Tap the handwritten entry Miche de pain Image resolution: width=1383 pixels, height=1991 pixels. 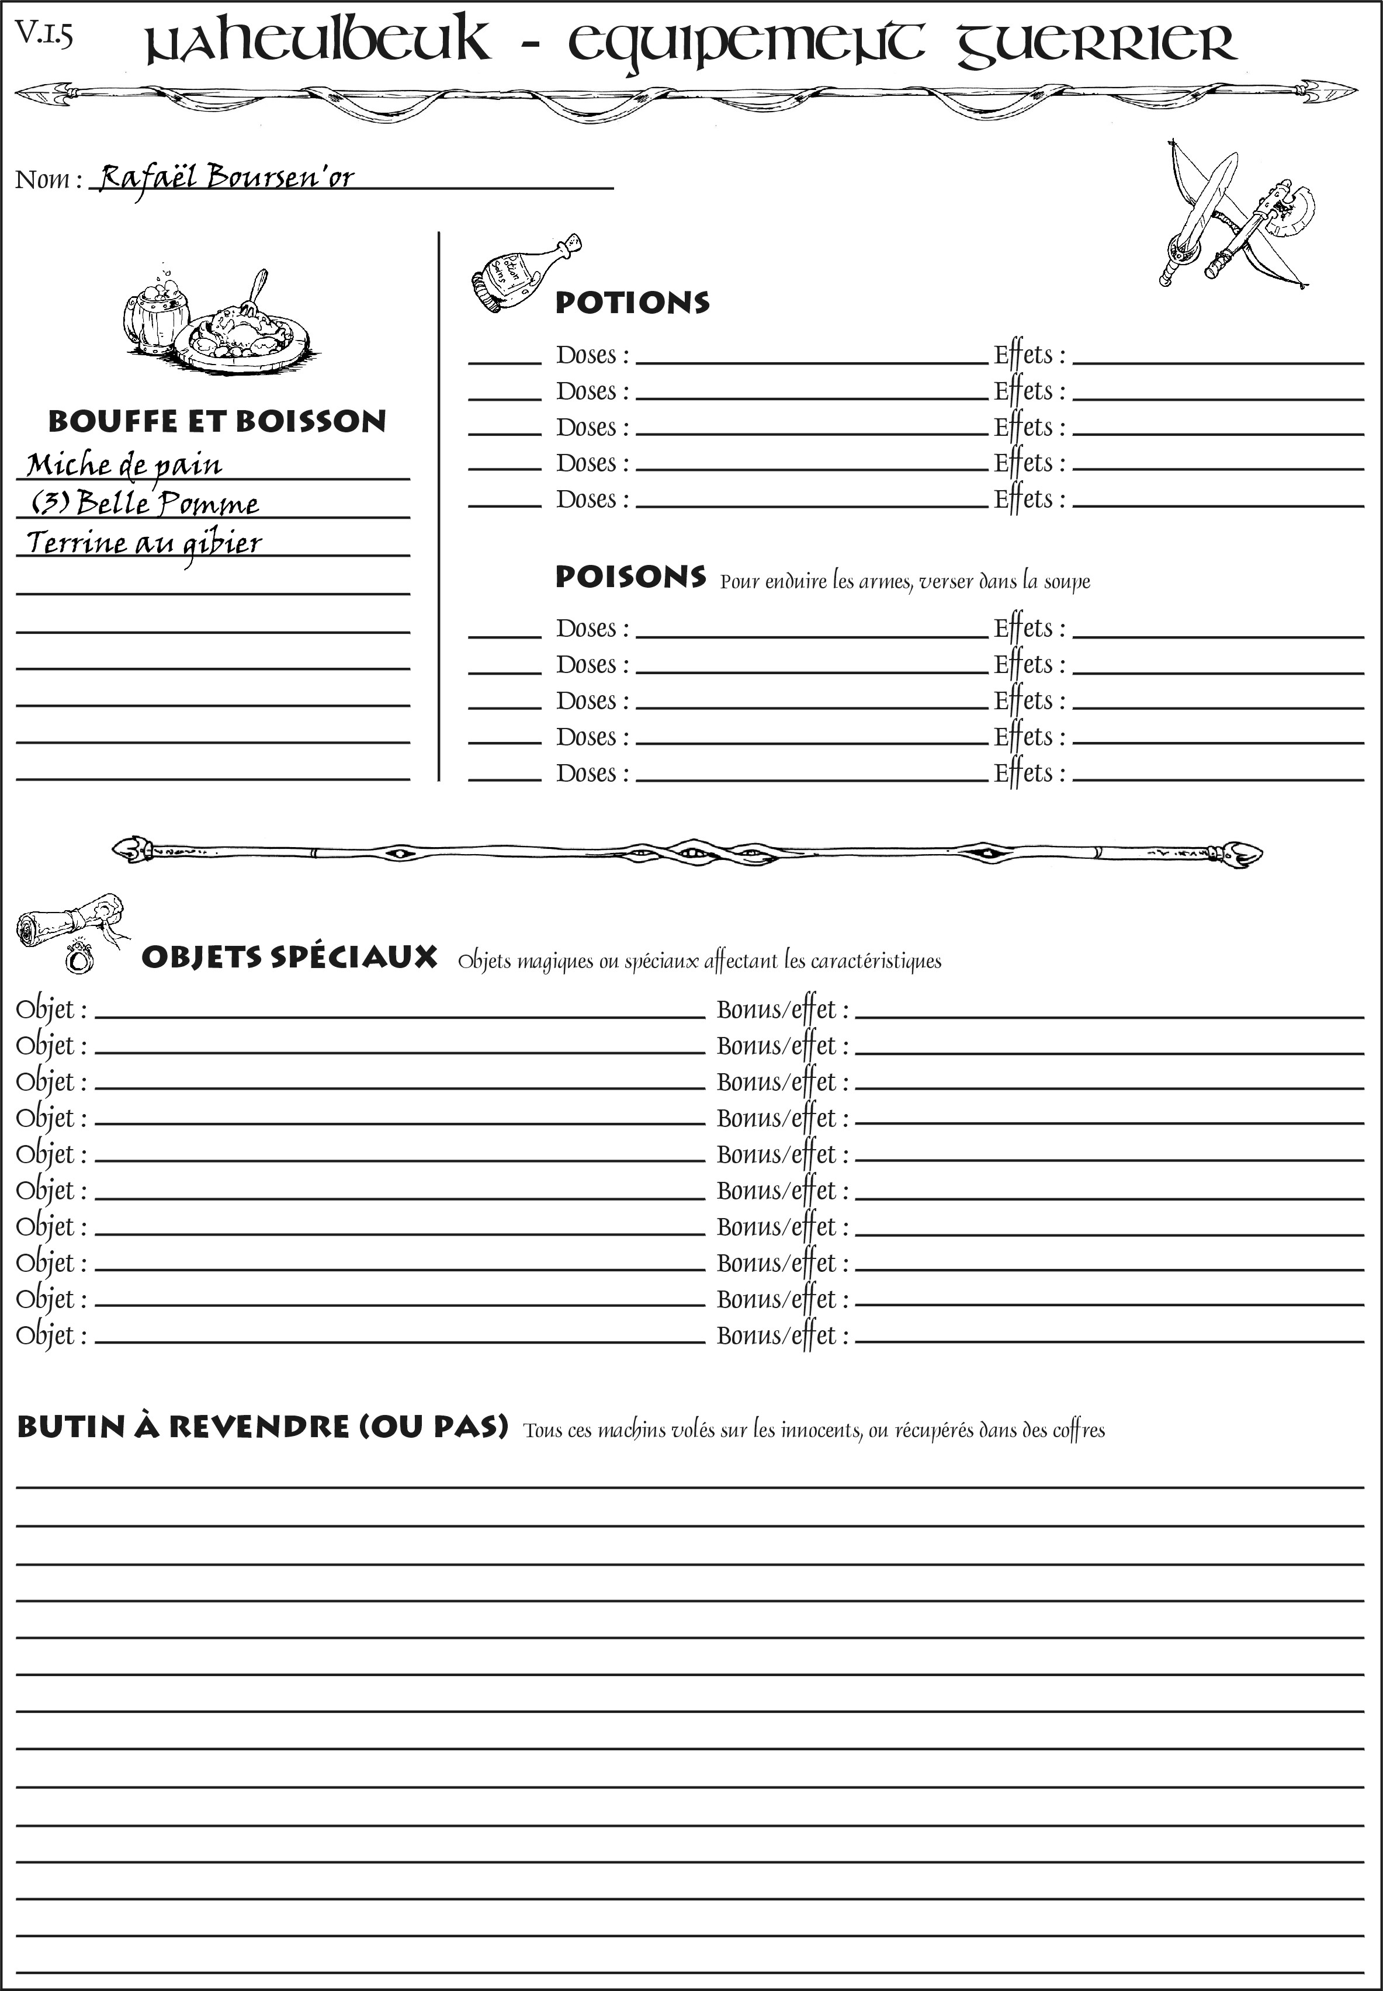(124, 465)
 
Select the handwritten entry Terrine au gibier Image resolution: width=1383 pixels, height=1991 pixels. (144, 543)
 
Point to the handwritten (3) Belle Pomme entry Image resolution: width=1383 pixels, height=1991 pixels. (145, 504)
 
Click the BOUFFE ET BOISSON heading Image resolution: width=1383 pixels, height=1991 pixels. (217, 421)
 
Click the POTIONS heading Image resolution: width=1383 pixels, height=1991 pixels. (632, 303)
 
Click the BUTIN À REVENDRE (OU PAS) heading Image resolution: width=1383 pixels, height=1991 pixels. (262, 1427)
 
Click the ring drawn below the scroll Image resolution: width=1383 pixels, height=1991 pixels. (79, 958)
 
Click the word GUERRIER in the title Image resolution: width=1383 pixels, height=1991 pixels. (1096, 43)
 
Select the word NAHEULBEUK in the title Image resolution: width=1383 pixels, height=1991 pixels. (316, 43)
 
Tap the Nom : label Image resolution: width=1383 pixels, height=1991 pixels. (48, 179)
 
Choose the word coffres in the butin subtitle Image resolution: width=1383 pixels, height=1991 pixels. (1078, 1430)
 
